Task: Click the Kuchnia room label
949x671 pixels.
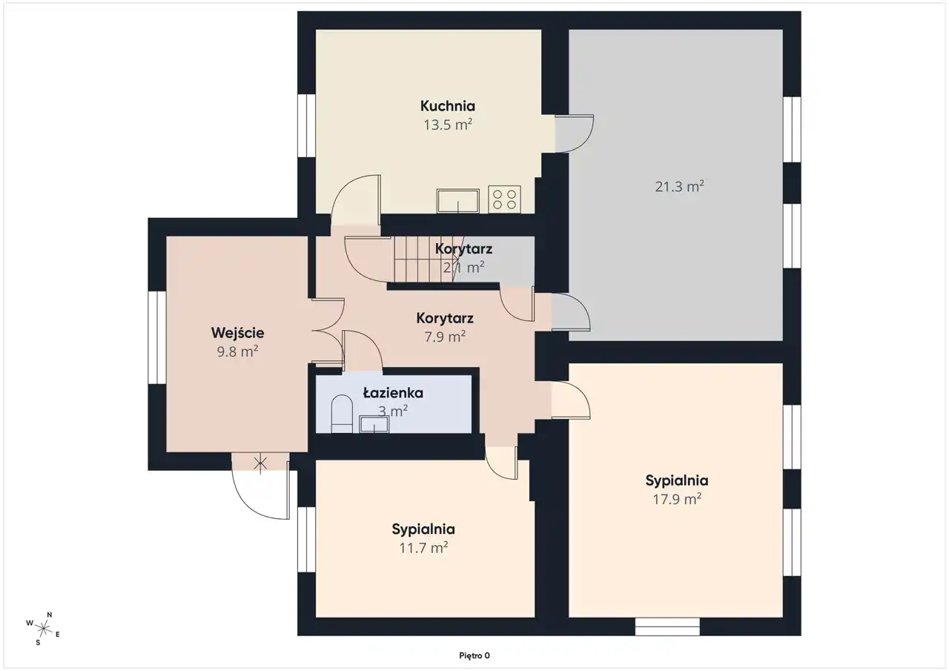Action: point(447,106)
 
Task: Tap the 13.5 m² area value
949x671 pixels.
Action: point(448,125)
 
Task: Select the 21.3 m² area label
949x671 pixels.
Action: point(680,186)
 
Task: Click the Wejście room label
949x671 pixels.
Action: point(238,333)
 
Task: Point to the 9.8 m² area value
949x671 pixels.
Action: point(238,351)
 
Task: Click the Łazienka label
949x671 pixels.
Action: point(393,393)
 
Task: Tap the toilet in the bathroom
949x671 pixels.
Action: point(342,414)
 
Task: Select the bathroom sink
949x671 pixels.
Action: point(374,424)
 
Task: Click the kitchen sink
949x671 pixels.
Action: point(458,201)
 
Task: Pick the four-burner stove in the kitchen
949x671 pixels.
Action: point(505,199)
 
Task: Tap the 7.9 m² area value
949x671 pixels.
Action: point(445,337)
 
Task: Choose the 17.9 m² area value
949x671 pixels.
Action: point(677,500)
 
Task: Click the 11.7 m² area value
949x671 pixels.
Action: point(423,548)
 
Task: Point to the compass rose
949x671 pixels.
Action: point(43,629)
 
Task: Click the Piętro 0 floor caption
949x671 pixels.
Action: point(474,655)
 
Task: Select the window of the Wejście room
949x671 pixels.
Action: point(156,337)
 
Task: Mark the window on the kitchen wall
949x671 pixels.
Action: point(306,125)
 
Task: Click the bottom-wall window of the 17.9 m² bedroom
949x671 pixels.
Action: point(667,627)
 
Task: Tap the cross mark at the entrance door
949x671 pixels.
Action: point(260,464)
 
